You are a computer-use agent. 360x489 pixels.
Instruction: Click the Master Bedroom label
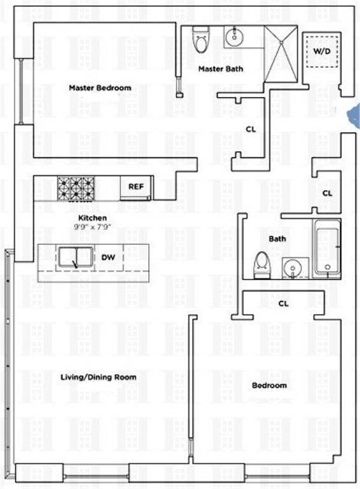coord(100,88)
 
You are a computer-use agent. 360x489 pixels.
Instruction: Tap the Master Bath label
coord(220,69)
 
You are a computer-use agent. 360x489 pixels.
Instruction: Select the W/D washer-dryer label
coord(322,51)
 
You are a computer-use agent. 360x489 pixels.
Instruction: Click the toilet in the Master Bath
coord(200,39)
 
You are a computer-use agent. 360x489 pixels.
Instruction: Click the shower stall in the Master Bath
coord(281,54)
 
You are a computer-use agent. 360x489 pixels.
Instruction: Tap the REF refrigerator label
coord(136,187)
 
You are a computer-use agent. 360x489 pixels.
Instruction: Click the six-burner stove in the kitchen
coord(76,188)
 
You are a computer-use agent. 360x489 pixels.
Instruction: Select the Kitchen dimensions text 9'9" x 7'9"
coord(92,227)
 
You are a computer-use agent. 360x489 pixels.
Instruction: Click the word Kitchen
coord(92,218)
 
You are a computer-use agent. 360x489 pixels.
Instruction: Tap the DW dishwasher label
coord(108,257)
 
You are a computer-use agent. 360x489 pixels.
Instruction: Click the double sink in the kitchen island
coord(75,257)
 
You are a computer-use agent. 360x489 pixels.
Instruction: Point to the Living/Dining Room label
coord(98,378)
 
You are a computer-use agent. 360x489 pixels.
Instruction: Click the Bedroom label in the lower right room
coord(270,385)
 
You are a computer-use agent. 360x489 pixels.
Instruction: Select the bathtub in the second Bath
coord(326,248)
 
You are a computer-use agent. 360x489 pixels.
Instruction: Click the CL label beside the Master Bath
coord(251,129)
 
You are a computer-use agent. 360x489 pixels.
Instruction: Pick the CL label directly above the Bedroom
coord(284,304)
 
